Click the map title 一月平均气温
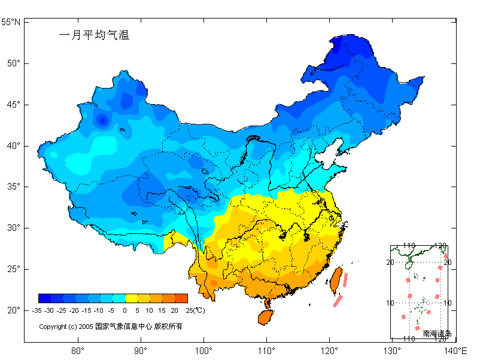click(94, 35)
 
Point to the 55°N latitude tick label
click(10, 22)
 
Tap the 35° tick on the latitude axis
click(13, 187)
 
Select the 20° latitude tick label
click(13, 310)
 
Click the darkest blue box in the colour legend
click(44, 298)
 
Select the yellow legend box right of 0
click(131, 298)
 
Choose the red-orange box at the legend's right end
click(181, 298)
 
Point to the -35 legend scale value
click(37, 310)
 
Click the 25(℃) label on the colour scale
click(195, 310)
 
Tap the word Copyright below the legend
click(52, 327)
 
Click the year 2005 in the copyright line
click(86, 327)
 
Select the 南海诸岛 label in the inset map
click(437, 333)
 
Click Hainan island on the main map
click(265, 316)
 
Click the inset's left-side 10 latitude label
click(390, 303)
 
